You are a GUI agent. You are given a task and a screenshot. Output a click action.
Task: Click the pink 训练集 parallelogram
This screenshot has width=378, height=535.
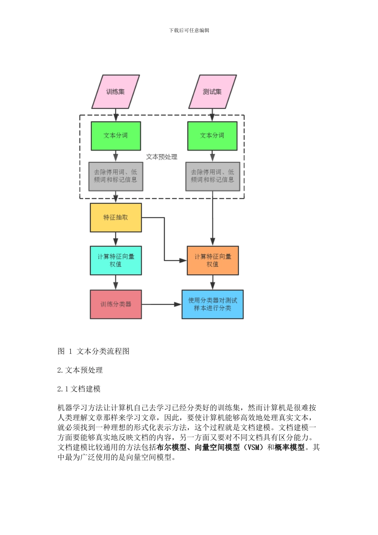115,92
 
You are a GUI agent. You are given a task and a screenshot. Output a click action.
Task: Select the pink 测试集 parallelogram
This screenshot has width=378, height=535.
212,92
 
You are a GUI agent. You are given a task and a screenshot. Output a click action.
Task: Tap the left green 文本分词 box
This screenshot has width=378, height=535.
116,136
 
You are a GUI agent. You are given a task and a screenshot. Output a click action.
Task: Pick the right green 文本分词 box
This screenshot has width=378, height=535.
212,136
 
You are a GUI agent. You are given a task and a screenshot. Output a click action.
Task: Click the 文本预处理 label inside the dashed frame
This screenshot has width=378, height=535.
162,157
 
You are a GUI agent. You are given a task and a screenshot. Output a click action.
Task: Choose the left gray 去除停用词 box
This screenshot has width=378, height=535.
116,176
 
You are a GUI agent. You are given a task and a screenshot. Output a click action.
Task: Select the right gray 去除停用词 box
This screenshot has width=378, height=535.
212,176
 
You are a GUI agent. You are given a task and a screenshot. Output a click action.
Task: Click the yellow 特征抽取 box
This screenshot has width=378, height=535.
116,217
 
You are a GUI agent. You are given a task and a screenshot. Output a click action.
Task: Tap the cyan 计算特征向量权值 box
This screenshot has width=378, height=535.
116,260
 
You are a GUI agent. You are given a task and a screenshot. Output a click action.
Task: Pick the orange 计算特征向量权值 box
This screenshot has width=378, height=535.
212,260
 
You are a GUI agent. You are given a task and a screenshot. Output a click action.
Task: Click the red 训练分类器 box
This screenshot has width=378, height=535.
116,304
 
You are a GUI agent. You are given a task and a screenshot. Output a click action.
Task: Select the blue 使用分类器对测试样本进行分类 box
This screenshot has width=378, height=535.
212,304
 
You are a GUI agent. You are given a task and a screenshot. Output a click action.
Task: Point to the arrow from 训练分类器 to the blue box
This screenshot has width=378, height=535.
161,304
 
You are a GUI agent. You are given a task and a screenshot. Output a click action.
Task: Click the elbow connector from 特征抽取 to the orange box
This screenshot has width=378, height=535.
164,239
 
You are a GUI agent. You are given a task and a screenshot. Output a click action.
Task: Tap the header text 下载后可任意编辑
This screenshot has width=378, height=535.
189,30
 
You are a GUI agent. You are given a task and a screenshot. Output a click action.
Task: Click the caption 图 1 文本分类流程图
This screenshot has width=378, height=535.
94,351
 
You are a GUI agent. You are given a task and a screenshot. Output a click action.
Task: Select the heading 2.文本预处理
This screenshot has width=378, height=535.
80,370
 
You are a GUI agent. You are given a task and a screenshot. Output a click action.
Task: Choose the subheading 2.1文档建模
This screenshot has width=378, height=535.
79,389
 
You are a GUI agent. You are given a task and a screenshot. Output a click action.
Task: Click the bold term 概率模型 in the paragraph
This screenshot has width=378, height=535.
290,447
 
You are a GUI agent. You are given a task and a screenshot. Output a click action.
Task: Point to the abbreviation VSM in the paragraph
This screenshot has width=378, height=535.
253,447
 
